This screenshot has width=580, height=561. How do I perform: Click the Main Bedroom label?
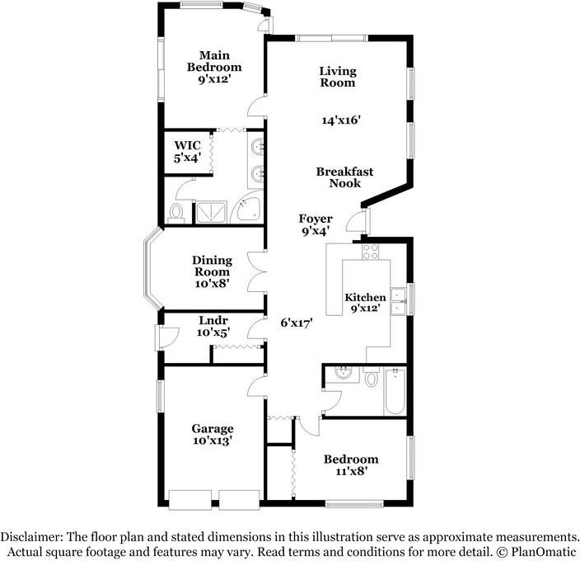tap(214, 67)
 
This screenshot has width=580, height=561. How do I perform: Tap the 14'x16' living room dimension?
tap(341, 120)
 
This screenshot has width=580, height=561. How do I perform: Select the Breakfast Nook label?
tap(344, 177)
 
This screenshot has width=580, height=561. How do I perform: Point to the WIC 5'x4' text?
tap(188, 152)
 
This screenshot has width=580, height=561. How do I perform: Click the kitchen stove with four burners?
tap(370, 252)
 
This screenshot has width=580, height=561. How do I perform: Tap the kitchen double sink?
tap(398, 301)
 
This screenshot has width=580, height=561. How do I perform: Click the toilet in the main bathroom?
tap(176, 214)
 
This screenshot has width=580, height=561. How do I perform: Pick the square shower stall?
tap(211, 212)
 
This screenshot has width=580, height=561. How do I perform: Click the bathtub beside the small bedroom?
tap(395, 391)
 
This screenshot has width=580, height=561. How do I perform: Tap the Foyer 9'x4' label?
tap(316, 224)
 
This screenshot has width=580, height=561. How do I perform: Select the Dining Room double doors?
tap(256, 271)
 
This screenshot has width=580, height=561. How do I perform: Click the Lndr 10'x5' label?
tap(213, 326)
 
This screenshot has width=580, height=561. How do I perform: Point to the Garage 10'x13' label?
tap(213, 434)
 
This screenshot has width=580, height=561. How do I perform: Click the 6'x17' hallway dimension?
tap(297, 323)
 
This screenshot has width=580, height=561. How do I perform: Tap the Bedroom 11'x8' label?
tap(351, 465)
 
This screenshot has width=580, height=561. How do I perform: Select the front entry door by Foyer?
tap(358, 220)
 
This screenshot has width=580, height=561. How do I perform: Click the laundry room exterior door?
tap(166, 337)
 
